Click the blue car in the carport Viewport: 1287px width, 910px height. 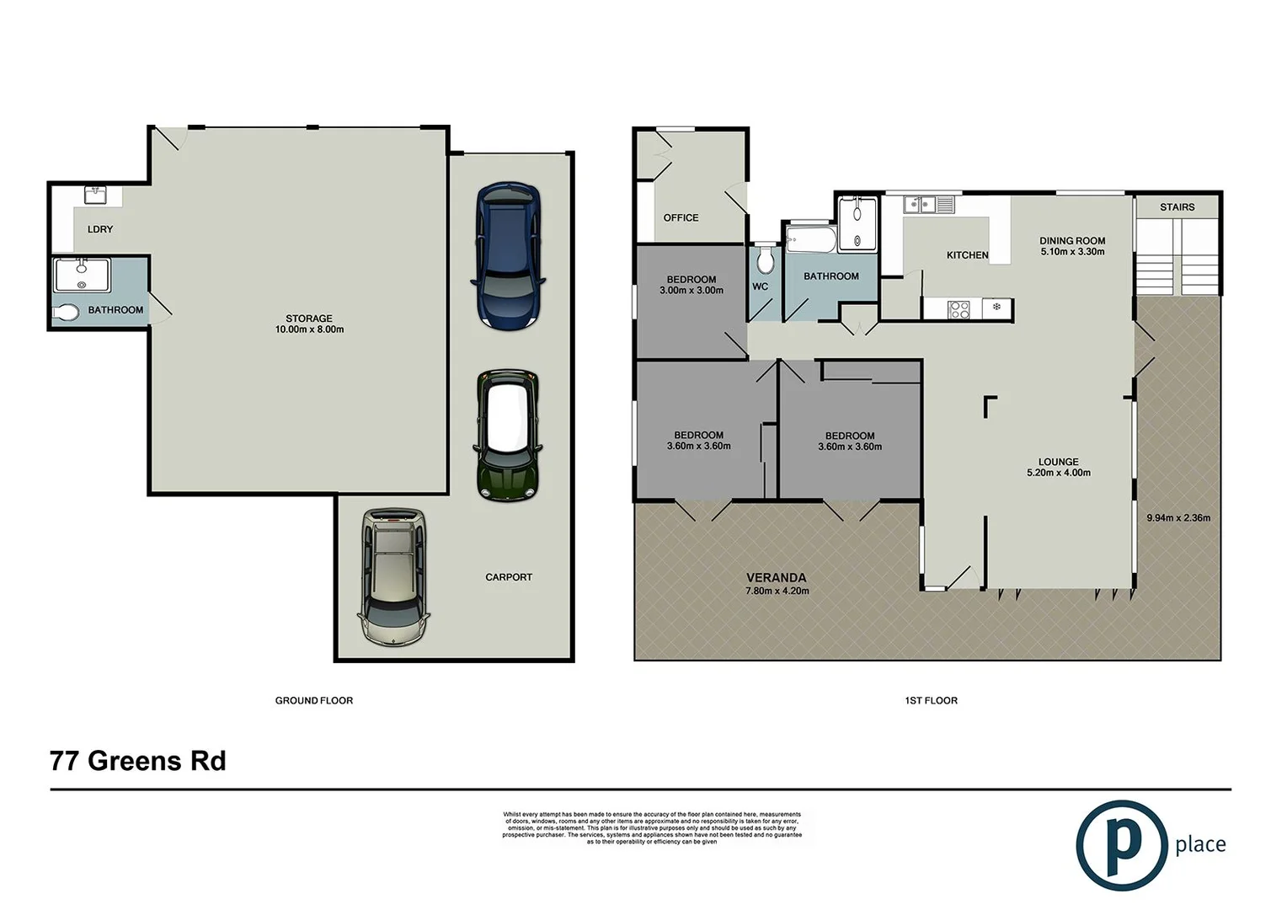509,256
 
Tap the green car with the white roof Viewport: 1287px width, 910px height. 506,435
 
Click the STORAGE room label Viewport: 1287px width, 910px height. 309,318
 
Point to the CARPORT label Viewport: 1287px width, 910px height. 509,577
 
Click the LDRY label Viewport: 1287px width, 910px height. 99,229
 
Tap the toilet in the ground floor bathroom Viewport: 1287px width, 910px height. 67,313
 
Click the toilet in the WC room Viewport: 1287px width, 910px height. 765,260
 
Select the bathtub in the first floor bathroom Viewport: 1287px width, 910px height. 810,239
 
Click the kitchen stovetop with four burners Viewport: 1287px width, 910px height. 959,309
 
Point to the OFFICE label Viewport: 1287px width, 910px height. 681,217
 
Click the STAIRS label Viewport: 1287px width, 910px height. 1177,207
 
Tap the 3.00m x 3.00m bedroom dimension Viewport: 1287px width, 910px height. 692,291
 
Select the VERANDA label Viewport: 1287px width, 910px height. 776,577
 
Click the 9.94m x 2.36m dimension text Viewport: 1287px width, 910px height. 1178,517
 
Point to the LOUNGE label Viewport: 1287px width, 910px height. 1058,462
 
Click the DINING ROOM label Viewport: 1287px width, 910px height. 1071,240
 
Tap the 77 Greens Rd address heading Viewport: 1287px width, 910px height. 138,761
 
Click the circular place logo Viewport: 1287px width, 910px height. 1121,845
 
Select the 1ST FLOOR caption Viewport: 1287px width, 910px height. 931,700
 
